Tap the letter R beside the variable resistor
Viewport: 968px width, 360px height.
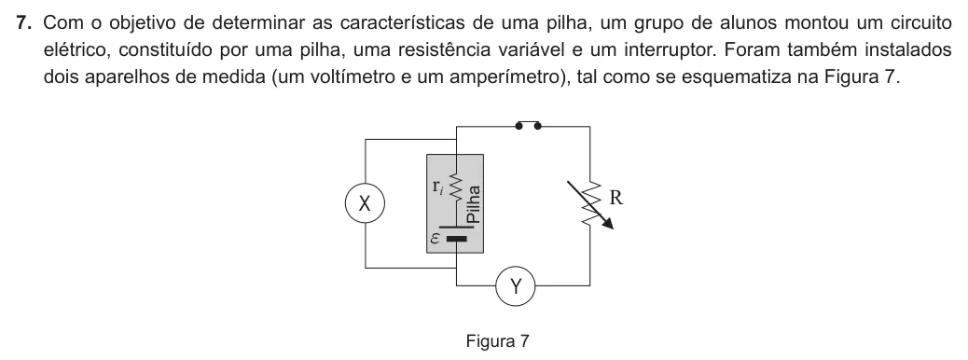tap(616, 198)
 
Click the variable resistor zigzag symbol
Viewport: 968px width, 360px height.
tap(590, 204)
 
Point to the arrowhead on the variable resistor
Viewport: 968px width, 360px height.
tap(608, 223)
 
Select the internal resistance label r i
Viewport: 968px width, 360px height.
tap(437, 187)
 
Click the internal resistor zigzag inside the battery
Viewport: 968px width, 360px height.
tap(456, 187)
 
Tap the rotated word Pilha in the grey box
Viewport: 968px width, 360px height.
tap(474, 204)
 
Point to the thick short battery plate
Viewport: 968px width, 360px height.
tap(456, 239)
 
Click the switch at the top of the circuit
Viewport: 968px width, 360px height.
tap(528, 125)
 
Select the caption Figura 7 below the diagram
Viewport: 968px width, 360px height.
tap(498, 340)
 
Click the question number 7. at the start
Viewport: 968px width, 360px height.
tap(24, 22)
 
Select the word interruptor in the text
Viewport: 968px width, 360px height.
tap(671, 50)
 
